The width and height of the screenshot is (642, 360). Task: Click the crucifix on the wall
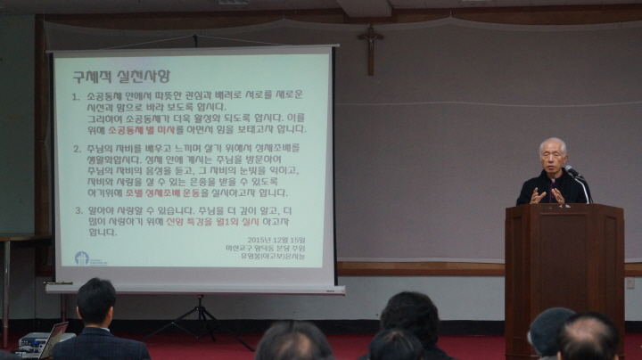pyautogui.click(x=370, y=45)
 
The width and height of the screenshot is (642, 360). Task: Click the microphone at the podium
pyautogui.click(x=572, y=171)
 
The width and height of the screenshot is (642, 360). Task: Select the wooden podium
pyautogui.click(x=564, y=267)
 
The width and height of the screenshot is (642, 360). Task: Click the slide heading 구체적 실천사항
pyautogui.click(x=121, y=77)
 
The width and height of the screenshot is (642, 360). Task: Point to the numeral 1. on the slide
pyautogui.click(x=77, y=96)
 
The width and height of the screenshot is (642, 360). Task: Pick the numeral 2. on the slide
pyautogui.click(x=77, y=148)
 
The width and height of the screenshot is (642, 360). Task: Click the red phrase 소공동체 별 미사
pyautogui.click(x=141, y=128)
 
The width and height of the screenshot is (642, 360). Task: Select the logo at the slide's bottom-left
pyautogui.click(x=82, y=258)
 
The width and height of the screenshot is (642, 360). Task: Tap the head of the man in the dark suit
pyautogui.click(x=96, y=301)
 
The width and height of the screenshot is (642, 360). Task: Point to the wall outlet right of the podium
pyautogui.click(x=630, y=282)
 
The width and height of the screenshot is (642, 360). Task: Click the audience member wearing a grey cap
pyautogui.click(x=550, y=330)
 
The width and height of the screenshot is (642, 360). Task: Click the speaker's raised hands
pyautogui.click(x=546, y=194)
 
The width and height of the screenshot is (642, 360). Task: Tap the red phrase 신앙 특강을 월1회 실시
pyautogui.click(x=213, y=221)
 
